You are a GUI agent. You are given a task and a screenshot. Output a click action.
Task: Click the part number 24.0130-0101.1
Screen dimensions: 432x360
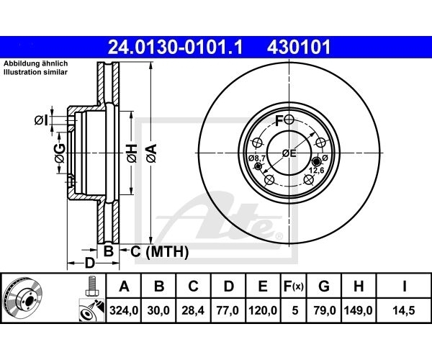175,47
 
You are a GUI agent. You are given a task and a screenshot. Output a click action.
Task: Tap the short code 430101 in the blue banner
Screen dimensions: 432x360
298,47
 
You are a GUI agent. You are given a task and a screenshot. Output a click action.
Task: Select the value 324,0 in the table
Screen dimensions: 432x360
124,311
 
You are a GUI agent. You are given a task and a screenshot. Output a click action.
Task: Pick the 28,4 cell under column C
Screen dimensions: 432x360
193,311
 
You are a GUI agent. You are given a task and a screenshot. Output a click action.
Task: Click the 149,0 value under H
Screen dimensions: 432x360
358,311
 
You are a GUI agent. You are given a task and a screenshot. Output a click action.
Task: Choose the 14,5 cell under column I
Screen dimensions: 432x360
404,311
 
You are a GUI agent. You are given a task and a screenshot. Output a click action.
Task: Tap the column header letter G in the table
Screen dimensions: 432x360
324,287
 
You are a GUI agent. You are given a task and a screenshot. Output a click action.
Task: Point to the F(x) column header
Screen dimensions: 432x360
294,287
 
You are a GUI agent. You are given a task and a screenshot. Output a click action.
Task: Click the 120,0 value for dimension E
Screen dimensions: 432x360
263,311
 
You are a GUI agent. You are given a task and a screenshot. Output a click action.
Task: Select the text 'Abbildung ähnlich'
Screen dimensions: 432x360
35,63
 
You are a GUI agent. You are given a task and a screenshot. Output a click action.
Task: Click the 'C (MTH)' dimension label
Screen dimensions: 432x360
159,251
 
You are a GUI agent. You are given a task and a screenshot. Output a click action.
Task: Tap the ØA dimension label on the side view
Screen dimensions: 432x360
151,153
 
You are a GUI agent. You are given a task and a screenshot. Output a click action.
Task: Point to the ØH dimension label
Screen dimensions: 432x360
132,153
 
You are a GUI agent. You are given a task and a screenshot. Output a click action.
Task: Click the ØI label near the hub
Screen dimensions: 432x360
41,120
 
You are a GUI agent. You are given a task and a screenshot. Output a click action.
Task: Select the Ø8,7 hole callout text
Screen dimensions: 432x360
257,158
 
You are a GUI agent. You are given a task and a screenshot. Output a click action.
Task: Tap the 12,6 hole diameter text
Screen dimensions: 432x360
316,171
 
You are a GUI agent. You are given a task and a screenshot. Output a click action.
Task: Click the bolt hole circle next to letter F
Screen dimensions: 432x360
289,120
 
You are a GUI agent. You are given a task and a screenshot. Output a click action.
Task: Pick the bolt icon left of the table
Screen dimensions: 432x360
91,287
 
